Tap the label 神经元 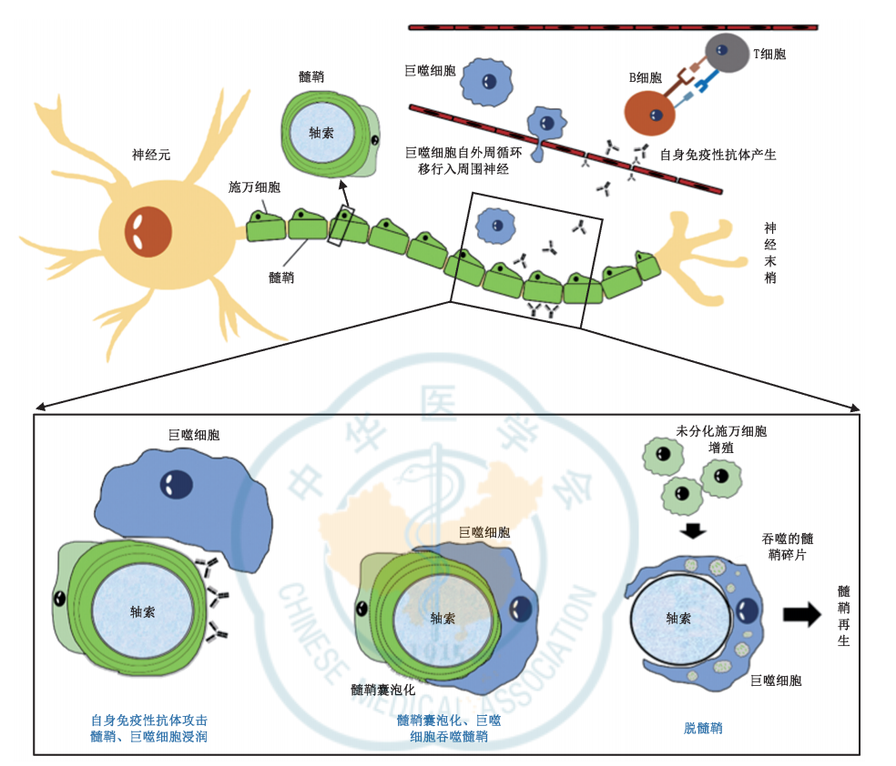(x=151, y=156)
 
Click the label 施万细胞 (x=254, y=186)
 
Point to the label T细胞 (x=769, y=55)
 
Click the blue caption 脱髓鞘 (x=703, y=728)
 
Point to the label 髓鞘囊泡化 (x=383, y=690)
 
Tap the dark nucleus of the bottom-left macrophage (x=173, y=484)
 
